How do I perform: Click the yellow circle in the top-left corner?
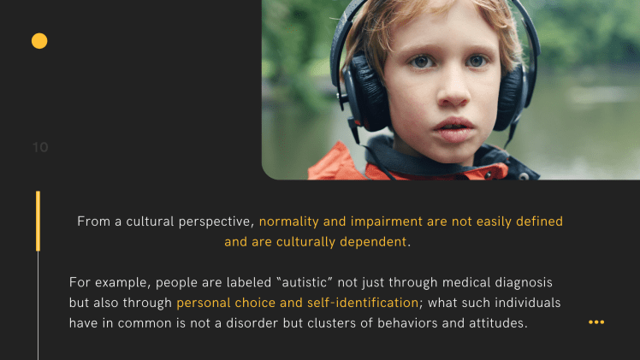(x=39, y=40)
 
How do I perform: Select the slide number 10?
(x=40, y=147)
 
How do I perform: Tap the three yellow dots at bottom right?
(x=596, y=322)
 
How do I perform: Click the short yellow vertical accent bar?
(x=38, y=221)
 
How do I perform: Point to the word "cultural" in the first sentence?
(x=144, y=221)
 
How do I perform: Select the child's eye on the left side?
(x=419, y=62)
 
